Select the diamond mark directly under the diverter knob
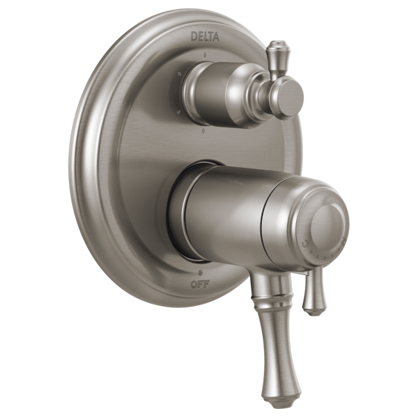pos(203,130)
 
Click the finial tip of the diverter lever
pos(275,49)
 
